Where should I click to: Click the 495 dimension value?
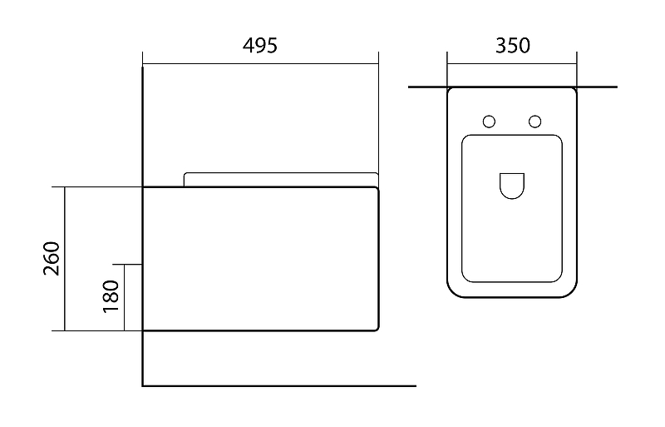pyautogui.click(x=260, y=46)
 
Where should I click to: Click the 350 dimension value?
pyautogui.click(x=512, y=46)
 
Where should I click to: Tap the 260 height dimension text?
pyautogui.click(x=51, y=259)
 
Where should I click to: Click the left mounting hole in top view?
pyautogui.click(x=489, y=122)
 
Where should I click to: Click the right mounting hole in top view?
pyautogui.click(x=535, y=122)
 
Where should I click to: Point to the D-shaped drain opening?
pyautogui.click(x=512, y=186)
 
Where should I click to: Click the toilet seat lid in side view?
pyautogui.click(x=280, y=178)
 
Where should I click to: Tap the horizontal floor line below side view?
pyautogui.click(x=279, y=386)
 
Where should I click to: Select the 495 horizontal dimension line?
pyautogui.click(x=260, y=63)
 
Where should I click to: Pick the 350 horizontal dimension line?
pyautogui.click(x=512, y=63)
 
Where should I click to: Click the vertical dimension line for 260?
pyautogui.click(x=64, y=259)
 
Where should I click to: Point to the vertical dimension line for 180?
pyautogui.click(x=124, y=297)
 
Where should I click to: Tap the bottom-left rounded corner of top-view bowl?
pyautogui.click(x=454, y=291)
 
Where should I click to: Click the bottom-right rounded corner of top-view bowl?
pyautogui.click(x=570, y=291)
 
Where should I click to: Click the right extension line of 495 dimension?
pyautogui.click(x=378, y=117)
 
